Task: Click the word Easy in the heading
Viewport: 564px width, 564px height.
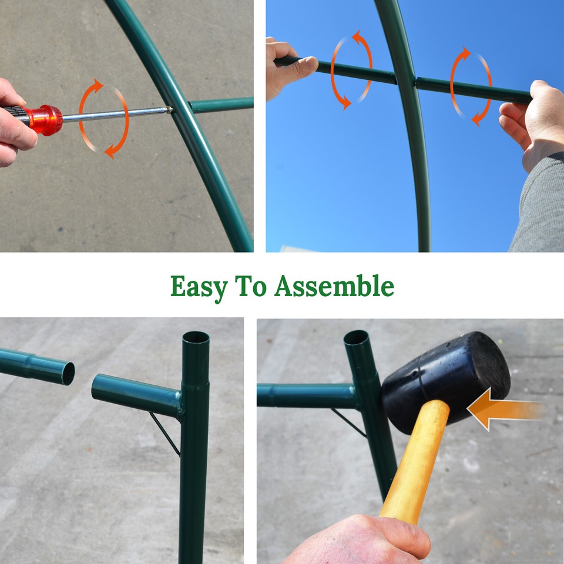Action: pyautogui.click(x=198, y=287)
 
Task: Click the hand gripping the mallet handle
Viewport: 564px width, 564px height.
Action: pyautogui.click(x=364, y=538)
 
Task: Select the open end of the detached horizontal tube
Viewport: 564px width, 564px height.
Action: pyautogui.click(x=69, y=373)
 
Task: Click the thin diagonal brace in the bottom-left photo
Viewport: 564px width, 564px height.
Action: pyautogui.click(x=164, y=434)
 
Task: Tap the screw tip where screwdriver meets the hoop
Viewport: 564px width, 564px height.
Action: pyautogui.click(x=169, y=109)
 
